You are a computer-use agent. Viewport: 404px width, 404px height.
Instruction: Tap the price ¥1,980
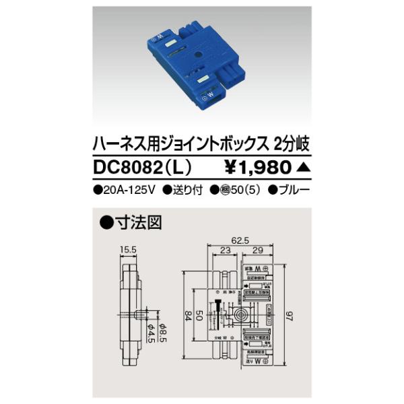(257, 166)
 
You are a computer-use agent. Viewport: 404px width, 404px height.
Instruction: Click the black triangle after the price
(302, 166)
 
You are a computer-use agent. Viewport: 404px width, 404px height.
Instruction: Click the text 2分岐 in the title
(291, 143)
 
